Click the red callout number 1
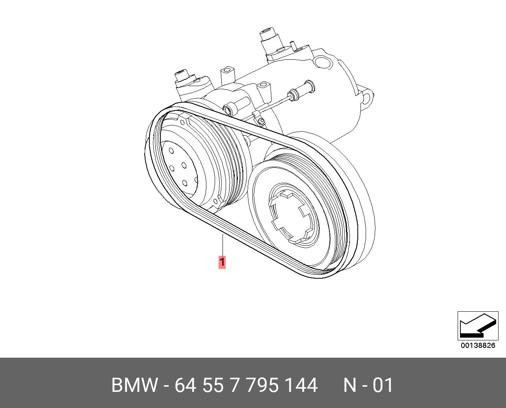point(222,262)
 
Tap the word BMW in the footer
point(134,385)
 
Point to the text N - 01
point(368,385)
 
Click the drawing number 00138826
point(478,346)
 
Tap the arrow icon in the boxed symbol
point(478,326)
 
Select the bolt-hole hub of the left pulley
point(180,168)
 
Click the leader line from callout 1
point(223,244)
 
